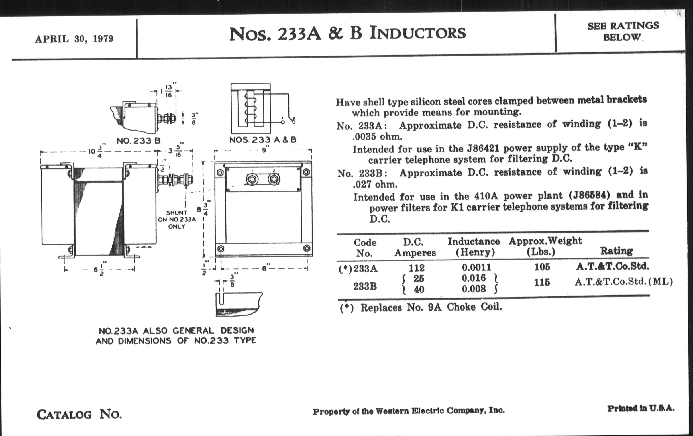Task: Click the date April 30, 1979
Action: click(74, 38)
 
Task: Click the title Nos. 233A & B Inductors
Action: click(347, 33)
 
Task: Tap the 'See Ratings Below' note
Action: click(623, 31)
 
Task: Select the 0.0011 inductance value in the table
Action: click(477, 267)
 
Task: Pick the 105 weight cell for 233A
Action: click(542, 267)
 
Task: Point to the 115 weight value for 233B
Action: click(542, 283)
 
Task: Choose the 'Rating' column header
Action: click(616, 251)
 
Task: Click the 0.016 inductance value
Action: click(474, 278)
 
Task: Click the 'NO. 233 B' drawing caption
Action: click(138, 141)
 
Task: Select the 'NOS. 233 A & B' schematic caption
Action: click(262, 140)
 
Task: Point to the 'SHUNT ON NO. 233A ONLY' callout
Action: click(177, 220)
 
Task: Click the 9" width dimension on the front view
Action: click(264, 150)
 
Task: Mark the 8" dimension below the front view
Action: click(264, 268)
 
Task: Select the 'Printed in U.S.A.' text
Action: click(641, 408)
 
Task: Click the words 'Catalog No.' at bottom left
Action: click(79, 414)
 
